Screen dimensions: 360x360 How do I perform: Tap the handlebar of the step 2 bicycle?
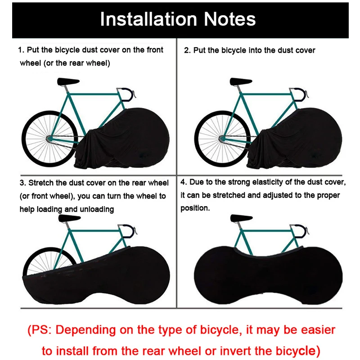(304, 93)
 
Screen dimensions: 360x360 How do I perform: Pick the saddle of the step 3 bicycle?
(69, 219)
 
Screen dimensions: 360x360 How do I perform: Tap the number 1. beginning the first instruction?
(21, 50)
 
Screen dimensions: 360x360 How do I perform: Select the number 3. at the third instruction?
(22, 183)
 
